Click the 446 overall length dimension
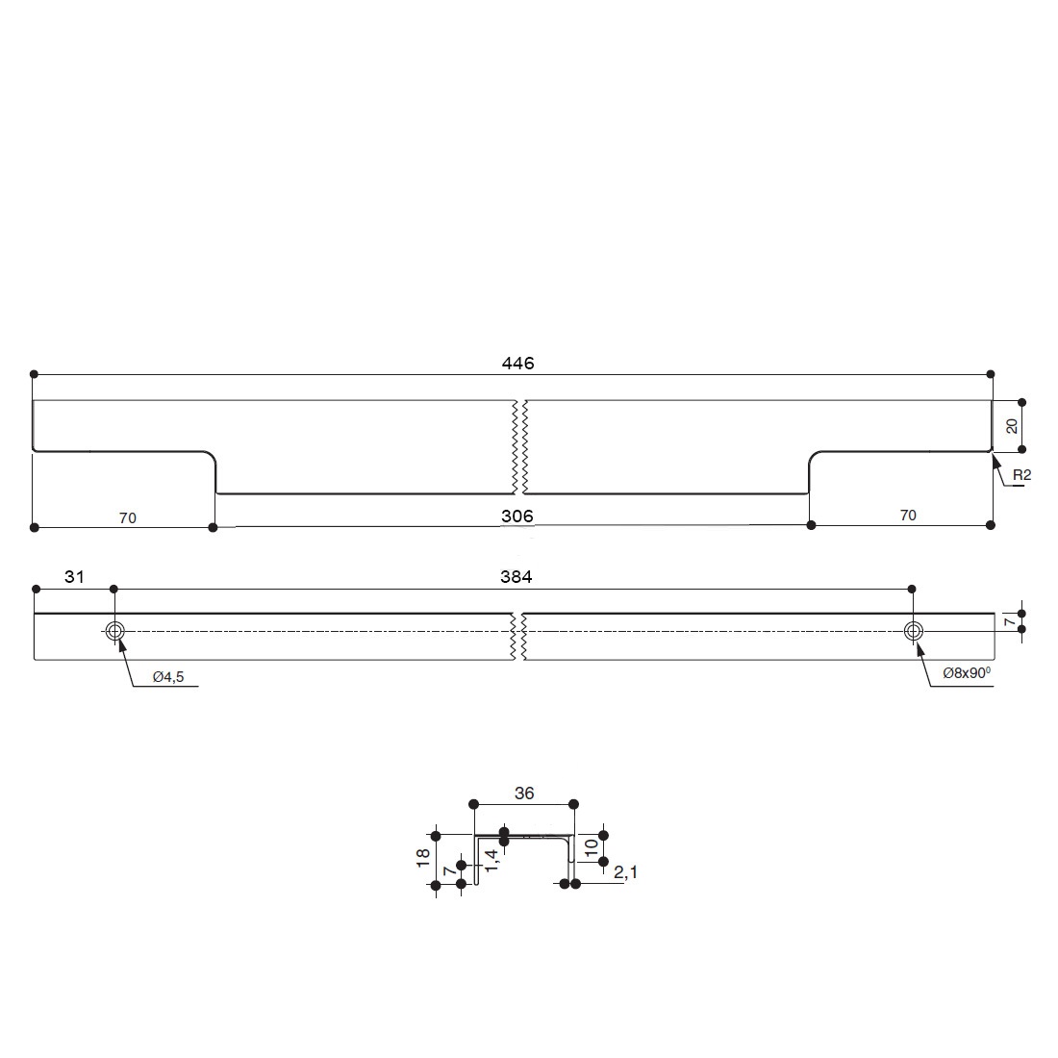(517, 363)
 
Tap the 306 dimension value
(516, 516)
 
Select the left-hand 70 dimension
(128, 517)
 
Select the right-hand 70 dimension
(908, 515)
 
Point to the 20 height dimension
(1012, 426)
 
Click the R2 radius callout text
(1021, 475)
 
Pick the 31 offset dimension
(74, 576)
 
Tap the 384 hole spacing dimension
(516, 576)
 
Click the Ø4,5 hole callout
(168, 677)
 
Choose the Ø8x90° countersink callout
(967, 672)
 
